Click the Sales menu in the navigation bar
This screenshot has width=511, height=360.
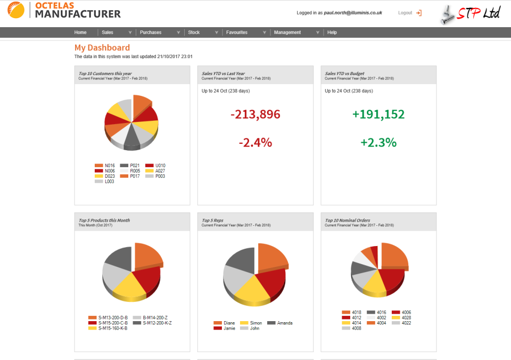pos(108,32)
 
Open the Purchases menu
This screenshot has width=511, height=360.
pos(151,32)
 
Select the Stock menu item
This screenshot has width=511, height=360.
pos(194,32)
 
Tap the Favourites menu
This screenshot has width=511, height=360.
pos(237,32)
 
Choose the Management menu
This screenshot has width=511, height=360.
pos(287,32)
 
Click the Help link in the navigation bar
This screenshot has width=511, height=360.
pos(332,32)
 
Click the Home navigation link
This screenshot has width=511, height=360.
pos(80,32)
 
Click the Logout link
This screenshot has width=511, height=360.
pos(406,13)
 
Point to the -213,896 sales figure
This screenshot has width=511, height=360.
pos(256,114)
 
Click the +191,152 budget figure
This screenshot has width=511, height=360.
pos(378,114)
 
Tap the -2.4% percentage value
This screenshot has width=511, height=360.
pos(256,143)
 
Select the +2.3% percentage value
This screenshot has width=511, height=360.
pos(378,143)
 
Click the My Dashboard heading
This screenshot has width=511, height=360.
pos(102,48)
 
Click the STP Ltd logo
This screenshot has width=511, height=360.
pos(471,13)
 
